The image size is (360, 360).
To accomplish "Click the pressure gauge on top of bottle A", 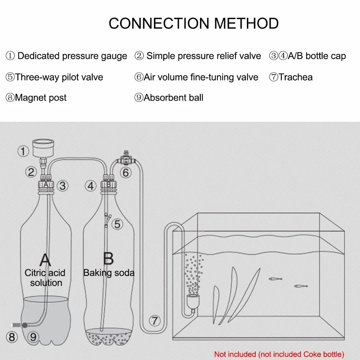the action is [x=43, y=148].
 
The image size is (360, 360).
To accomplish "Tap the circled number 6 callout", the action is [x=126, y=172].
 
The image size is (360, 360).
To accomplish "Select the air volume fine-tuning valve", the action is [x=126, y=158].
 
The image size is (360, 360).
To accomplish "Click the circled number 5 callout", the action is [x=117, y=224].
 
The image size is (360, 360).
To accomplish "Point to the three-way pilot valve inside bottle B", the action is [x=107, y=220].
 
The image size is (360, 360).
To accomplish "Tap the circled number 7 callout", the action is [x=155, y=320].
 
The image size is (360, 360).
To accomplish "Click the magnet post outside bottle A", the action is [x=17, y=325].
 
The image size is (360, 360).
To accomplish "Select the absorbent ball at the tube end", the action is [x=25, y=325].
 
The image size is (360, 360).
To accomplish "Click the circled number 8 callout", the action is [x=12, y=337].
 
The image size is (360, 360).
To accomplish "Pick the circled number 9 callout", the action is [x=33, y=337].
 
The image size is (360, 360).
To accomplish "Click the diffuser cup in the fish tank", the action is [x=193, y=302].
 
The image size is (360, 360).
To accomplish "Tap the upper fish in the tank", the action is [x=275, y=279].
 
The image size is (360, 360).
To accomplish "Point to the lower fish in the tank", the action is [x=301, y=286].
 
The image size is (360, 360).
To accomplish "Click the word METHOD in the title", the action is [x=246, y=24].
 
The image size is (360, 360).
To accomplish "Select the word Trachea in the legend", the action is [x=295, y=77].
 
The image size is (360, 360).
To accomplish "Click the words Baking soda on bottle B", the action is [x=109, y=273].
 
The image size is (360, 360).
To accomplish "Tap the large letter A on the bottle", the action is [x=45, y=259].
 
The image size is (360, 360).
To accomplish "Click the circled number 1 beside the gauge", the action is [x=23, y=151].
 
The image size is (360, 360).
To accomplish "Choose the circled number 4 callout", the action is [x=91, y=186].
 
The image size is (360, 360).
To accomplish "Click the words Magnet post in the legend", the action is [x=41, y=98].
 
